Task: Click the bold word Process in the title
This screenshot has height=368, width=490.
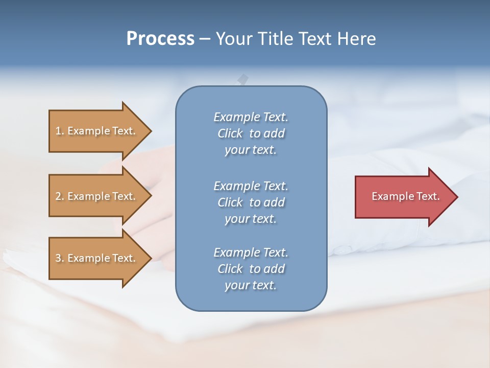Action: click(x=160, y=39)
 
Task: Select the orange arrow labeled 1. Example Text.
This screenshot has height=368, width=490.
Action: click(x=97, y=131)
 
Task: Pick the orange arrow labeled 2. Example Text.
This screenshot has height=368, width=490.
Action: click(x=97, y=196)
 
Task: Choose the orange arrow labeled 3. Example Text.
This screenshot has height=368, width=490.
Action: click(x=97, y=258)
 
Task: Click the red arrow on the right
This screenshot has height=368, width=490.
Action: click(x=403, y=196)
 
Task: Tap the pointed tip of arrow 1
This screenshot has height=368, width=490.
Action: click(x=150, y=131)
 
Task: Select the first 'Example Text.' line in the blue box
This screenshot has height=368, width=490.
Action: click(x=251, y=117)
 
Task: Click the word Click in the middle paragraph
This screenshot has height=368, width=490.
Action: click(x=230, y=202)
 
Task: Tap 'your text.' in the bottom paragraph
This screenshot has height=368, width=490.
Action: click(x=251, y=285)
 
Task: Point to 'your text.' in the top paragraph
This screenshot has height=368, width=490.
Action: click(x=251, y=150)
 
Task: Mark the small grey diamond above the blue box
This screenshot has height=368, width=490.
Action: click(x=243, y=79)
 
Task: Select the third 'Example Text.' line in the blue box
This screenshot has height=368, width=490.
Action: click(x=251, y=252)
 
